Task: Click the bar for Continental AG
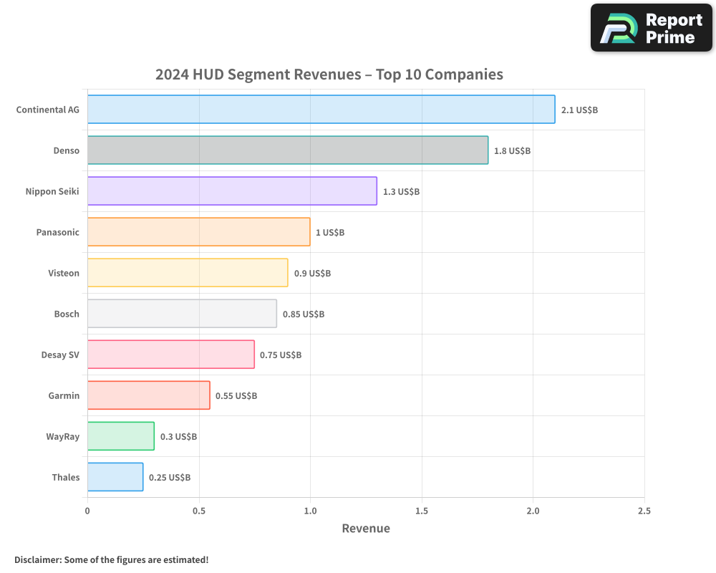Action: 321,110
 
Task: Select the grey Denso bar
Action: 288,150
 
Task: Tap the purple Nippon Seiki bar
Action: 232,191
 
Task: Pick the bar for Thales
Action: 115,477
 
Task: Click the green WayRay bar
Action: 121,436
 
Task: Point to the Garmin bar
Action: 149,395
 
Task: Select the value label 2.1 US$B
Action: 579,110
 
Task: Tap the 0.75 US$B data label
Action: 281,355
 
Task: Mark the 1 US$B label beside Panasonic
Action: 330,233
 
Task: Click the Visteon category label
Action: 64,274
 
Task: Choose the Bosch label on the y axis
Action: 67,314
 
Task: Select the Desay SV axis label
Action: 60,355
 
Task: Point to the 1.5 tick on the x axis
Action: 422,511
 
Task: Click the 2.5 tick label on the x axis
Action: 644,511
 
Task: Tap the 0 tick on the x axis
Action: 87,511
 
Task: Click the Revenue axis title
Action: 366,529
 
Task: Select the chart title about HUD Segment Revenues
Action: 329,74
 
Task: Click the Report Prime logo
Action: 651,28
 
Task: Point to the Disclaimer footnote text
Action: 111,559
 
